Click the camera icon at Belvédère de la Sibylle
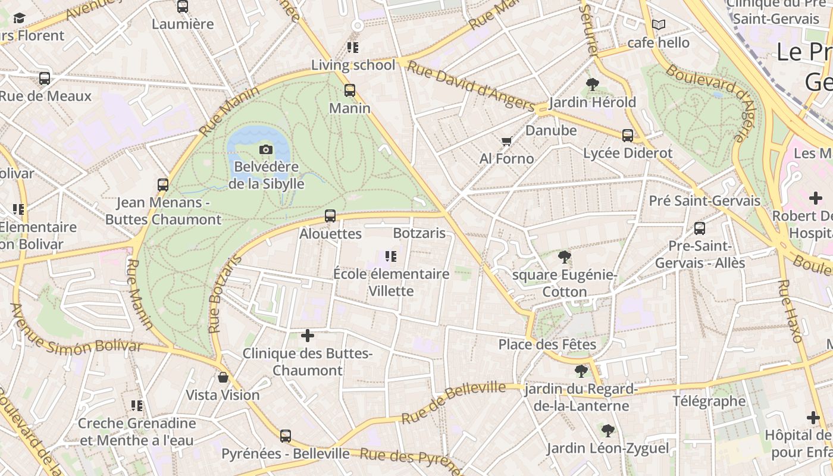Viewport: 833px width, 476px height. coord(266,149)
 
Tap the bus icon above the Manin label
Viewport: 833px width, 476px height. coord(350,90)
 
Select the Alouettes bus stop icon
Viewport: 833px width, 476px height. coord(330,216)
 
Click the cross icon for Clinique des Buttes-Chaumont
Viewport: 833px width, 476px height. coord(308,336)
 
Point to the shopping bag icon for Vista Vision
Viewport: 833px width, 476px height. coord(223,377)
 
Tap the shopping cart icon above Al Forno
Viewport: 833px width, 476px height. coord(506,141)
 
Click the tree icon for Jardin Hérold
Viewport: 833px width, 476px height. coord(592,84)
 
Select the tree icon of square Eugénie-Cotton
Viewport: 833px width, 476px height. coord(564,257)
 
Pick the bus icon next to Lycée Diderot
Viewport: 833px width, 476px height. coord(628,135)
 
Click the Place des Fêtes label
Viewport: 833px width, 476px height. coord(547,345)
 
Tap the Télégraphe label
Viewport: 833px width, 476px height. coord(709,401)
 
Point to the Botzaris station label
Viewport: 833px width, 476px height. coord(419,233)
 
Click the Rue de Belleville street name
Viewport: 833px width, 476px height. coord(453,403)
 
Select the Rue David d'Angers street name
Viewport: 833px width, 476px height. coord(469,87)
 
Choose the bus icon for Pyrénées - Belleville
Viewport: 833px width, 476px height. coord(286,436)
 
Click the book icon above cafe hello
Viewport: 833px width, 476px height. coord(658,25)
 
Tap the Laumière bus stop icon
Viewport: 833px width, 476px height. coord(183,7)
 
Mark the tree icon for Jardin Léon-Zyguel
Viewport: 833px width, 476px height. coord(607,430)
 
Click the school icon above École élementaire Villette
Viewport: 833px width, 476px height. coord(390,256)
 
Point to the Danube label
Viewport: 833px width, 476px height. coord(551,130)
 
